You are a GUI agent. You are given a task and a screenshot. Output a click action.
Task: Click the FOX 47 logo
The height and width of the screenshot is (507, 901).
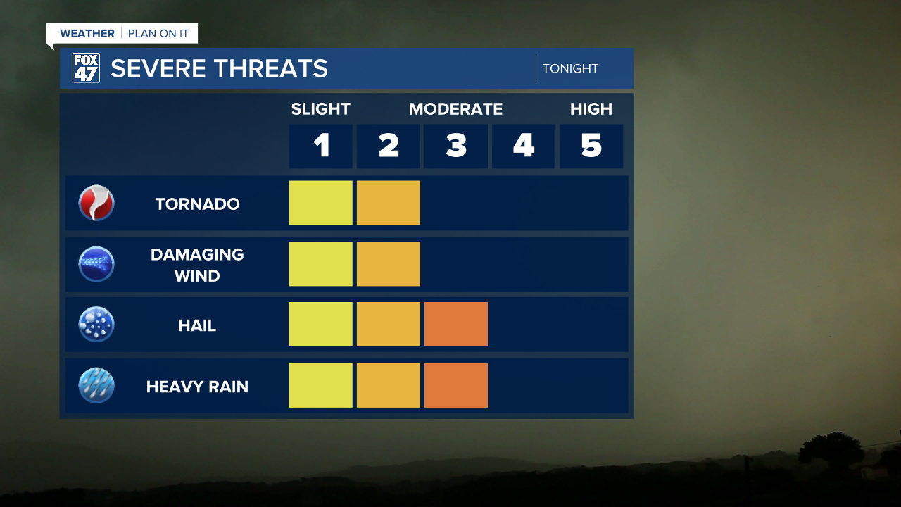coord(86,68)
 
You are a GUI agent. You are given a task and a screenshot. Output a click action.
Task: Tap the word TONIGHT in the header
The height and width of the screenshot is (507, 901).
coord(570,68)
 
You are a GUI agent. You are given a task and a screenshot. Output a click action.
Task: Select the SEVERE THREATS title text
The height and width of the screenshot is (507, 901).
coord(219,68)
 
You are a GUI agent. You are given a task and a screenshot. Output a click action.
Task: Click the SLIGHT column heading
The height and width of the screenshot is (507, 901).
coord(320,109)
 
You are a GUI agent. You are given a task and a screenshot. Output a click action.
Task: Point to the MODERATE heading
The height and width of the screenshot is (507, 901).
coord(455,109)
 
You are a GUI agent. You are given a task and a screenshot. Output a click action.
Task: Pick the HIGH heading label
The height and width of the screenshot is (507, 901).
coord(591,109)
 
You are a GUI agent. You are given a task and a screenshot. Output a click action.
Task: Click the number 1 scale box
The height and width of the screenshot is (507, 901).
coord(321,146)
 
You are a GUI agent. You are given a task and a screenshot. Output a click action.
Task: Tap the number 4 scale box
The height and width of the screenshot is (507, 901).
coord(524,146)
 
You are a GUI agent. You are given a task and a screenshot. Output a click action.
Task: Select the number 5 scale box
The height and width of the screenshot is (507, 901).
coord(591,146)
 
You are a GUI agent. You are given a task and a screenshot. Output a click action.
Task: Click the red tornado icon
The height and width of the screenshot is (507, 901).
coord(96,204)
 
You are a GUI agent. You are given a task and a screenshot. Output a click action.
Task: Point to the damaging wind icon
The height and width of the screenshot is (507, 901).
coord(96,264)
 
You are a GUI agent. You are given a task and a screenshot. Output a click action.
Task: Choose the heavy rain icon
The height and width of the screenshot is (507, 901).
coord(96,386)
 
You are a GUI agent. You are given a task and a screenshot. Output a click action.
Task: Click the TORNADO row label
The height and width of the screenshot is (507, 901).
coord(197,204)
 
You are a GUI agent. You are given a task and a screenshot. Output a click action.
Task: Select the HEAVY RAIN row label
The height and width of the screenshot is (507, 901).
coord(197,387)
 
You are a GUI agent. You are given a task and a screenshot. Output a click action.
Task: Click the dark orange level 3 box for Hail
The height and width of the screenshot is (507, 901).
coord(456,325)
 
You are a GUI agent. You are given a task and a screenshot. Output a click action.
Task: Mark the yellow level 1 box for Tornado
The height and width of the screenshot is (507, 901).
coord(321,203)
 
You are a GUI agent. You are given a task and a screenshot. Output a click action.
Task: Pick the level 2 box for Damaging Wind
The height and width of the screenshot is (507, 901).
coord(389,264)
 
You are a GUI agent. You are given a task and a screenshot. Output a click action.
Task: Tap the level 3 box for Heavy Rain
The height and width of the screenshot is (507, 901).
coord(456,385)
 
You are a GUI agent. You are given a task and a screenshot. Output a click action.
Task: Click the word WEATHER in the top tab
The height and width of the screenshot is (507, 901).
coord(87,34)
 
